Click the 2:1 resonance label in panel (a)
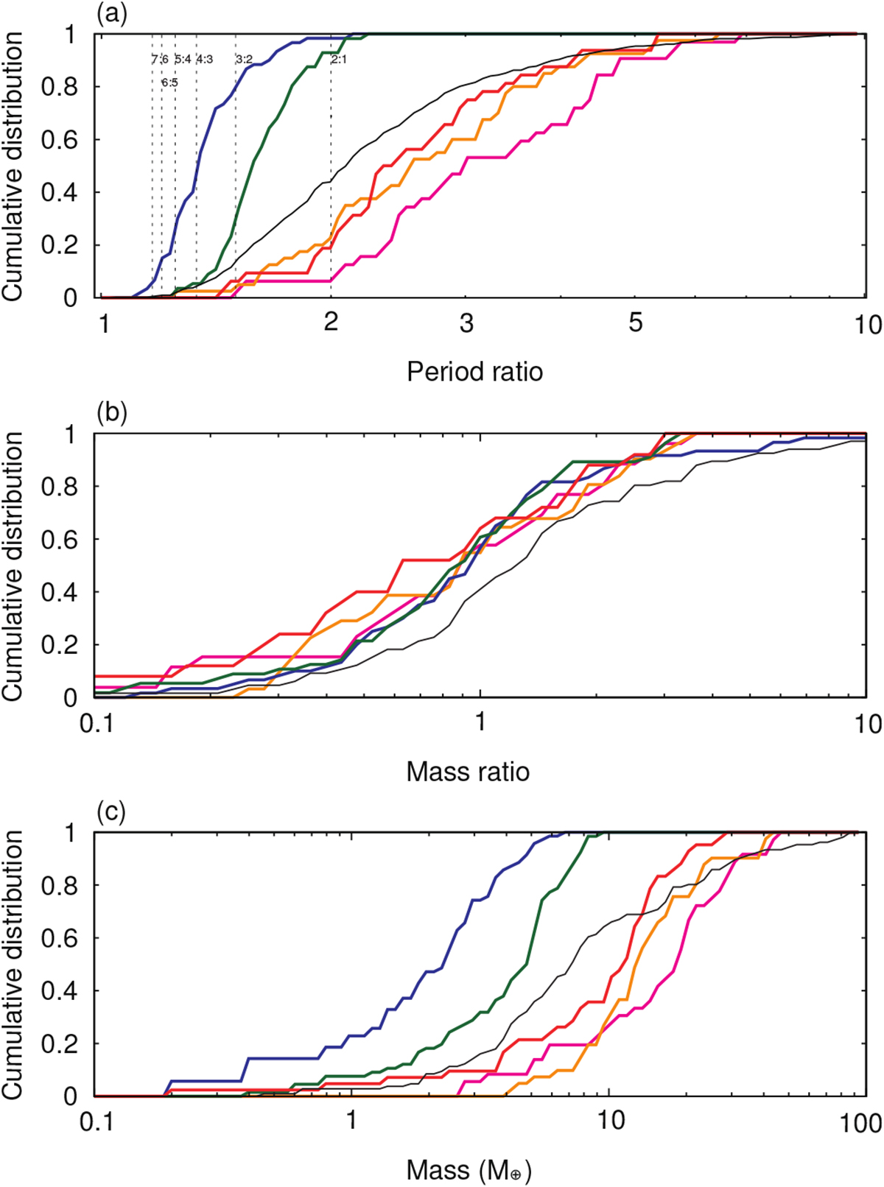pyautogui.click(x=339, y=60)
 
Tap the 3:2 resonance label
pyautogui.click(x=245, y=60)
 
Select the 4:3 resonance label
pyautogui.click(x=204, y=60)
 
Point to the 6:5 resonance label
pyautogui.click(x=169, y=82)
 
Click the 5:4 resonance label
pyautogui.click(x=183, y=60)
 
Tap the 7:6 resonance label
pyautogui.click(x=160, y=60)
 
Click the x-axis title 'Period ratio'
pyautogui.click(x=474, y=371)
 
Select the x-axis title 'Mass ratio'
pyautogui.click(x=468, y=772)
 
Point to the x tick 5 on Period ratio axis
pyautogui.click(x=636, y=323)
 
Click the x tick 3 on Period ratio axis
pyautogui.click(x=466, y=323)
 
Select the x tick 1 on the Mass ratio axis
pyautogui.click(x=480, y=723)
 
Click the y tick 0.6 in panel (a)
pyautogui.click(x=59, y=140)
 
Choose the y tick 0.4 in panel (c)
pyautogui.click(x=59, y=991)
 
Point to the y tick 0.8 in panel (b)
pyautogui.click(x=59, y=487)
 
